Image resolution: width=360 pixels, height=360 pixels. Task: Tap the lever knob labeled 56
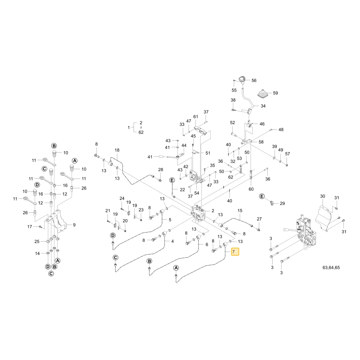click(242, 80)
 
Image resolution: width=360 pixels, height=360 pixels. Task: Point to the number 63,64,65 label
click(331, 267)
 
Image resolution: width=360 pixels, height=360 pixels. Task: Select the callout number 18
click(117, 150)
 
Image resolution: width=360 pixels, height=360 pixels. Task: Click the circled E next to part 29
click(262, 196)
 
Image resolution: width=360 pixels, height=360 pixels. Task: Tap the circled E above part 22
click(172, 180)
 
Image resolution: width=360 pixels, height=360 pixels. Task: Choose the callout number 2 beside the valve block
click(213, 211)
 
